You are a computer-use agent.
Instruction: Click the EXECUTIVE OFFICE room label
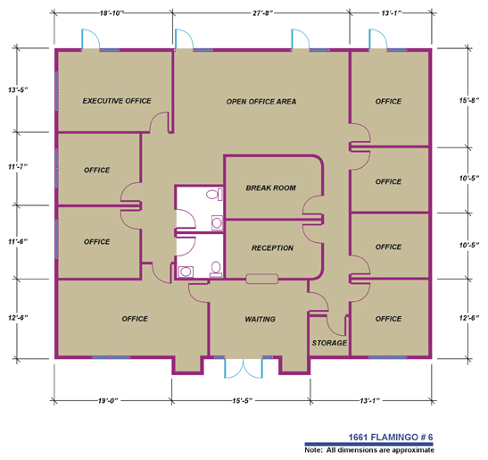[117, 101]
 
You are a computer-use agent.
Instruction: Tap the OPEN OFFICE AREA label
[261, 102]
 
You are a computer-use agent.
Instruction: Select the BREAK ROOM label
[271, 188]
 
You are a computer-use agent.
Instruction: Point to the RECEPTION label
[272, 248]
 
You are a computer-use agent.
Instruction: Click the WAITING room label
[260, 319]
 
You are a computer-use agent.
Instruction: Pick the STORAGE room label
[329, 343]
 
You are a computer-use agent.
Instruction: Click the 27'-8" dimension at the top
[262, 13]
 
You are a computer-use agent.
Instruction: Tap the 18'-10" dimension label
[112, 13]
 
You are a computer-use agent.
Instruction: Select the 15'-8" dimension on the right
[469, 100]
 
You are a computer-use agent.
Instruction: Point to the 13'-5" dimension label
[18, 90]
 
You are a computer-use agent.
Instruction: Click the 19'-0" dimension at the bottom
[108, 400]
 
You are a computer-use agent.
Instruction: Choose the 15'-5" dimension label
[242, 400]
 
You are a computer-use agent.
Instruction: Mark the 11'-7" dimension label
[18, 167]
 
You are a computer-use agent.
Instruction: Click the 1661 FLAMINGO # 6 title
[390, 438]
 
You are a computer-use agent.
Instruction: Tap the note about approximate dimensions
[369, 450]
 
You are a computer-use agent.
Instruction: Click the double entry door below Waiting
[244, 368]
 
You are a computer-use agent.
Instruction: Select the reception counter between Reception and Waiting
[261, 279]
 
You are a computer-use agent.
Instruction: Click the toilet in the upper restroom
[214, 194]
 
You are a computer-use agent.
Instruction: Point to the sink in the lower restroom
[186, 272]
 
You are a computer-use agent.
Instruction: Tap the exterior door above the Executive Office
[91, 39]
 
